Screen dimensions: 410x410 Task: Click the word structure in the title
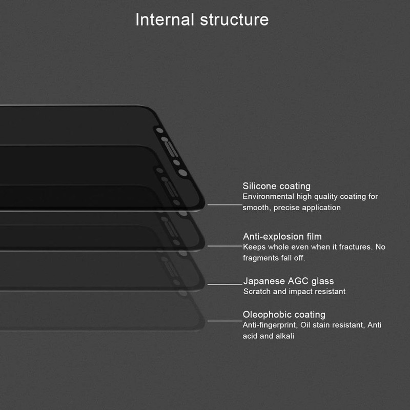(234, 19)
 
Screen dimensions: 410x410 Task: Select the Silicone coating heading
(276, 186)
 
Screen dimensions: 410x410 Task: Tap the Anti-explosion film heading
(282, 236)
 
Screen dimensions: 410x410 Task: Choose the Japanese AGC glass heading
(288, 281)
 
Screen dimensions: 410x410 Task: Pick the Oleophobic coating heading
(284, 314)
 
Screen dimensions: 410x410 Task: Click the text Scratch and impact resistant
(294, 292)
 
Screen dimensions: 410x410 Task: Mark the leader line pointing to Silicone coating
(224, 204)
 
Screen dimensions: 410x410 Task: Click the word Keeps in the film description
(254, 247)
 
